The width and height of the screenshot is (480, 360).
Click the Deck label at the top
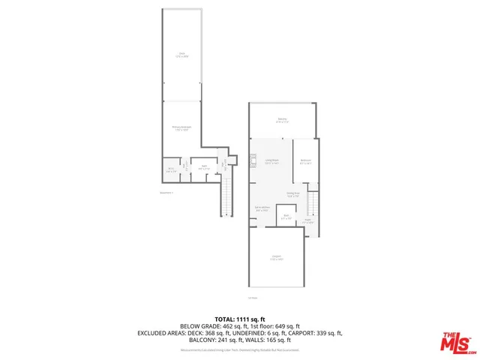[x=181, y=54]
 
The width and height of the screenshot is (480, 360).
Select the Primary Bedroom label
[x=181, y=128]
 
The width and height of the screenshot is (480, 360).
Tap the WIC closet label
[x=170, y=169]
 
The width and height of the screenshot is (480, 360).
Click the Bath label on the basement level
[x=203, y=167]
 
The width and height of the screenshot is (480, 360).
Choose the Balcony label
[x=282, y=120]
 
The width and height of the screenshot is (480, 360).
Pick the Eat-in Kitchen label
[x=262, y=208]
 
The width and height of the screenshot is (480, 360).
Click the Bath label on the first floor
[x=286, y=217]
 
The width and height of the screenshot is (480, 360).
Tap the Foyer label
[x=307, y=220]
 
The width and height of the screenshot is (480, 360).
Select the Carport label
[x=277, y=257]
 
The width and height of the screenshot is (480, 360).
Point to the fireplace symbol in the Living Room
[x=253, y=159]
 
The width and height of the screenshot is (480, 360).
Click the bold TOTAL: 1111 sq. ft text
[x=240, y=318]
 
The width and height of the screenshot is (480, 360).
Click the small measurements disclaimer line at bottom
[x=240, y=349]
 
